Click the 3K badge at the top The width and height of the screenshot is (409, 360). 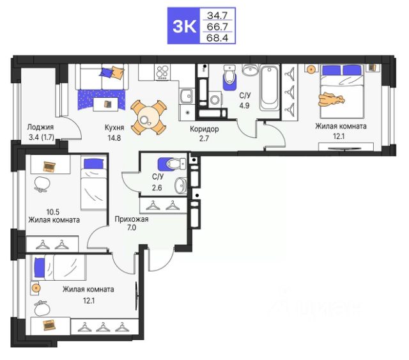184,26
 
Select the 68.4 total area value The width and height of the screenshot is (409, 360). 217,38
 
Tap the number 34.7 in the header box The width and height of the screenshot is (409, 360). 217,15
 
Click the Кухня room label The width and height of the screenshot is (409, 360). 114,127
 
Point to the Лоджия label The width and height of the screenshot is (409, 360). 40,127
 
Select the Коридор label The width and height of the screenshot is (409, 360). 204,129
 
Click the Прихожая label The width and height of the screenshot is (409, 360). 132,219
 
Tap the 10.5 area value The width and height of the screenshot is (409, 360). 52,212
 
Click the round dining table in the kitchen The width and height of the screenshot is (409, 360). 146,118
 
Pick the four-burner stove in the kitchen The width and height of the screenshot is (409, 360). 162,72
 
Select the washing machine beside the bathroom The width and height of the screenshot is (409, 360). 215,99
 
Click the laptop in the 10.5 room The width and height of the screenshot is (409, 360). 50,166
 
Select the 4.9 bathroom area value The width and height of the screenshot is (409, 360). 244,106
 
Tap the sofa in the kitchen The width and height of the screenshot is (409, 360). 102,77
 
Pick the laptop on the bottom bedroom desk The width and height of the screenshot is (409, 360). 49,325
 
